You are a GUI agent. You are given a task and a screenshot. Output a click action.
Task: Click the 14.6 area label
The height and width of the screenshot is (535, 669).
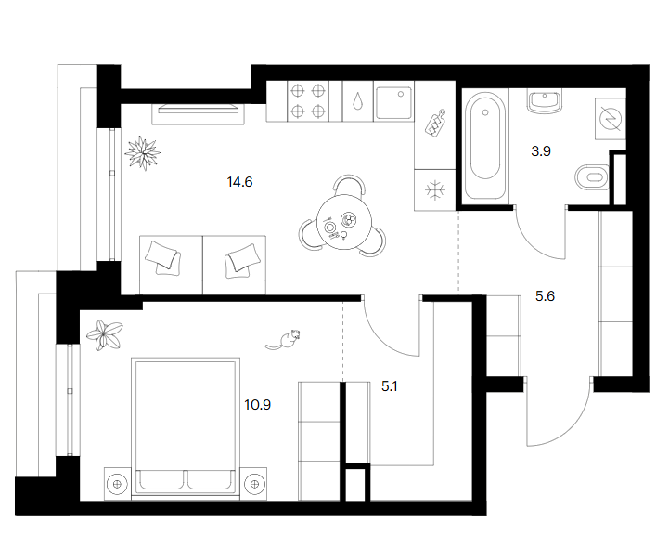pos(239,182)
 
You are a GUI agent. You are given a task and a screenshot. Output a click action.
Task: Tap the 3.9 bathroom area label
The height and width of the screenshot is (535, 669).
pos(541,151)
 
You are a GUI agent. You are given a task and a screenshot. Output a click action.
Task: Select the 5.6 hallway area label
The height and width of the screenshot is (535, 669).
pos(545,296)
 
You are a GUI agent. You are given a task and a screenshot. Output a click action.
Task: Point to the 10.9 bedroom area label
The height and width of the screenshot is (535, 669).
pos(257,404)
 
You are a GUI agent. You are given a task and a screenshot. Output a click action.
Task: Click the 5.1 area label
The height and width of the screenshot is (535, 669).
pos(389,386)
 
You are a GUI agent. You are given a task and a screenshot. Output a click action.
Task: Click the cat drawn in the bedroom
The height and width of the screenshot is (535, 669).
pos(283,339)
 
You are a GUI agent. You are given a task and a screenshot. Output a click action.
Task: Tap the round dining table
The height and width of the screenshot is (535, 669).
pos(344,222)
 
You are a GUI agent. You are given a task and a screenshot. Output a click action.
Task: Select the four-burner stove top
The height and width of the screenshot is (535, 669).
pos(308,101)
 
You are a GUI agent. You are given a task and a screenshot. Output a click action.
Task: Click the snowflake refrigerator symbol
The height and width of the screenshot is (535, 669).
pos(435,190)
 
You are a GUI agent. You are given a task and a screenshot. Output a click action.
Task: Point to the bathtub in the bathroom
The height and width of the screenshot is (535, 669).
pos(485,146)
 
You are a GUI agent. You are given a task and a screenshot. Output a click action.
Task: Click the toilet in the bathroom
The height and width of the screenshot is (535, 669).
pos(592,176)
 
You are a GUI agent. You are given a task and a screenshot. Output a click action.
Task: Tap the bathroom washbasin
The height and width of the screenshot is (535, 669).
pos(544,101)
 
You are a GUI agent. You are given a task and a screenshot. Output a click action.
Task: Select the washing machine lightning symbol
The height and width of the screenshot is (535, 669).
pos(611,119)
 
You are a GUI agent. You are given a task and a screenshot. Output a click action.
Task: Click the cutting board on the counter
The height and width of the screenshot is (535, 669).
pos(435,124)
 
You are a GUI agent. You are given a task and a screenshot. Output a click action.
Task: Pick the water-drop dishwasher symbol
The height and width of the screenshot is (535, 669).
pos(357,101)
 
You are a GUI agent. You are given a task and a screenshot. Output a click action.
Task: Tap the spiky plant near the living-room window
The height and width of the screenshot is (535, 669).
pos(143,153)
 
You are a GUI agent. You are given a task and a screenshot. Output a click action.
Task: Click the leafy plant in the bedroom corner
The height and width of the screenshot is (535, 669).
pos(105,335)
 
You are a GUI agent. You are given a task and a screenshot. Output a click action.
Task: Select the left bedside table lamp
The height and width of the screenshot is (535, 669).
pos(117,485)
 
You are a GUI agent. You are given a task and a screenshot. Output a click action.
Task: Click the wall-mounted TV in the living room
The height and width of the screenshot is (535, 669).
pos(198,110)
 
